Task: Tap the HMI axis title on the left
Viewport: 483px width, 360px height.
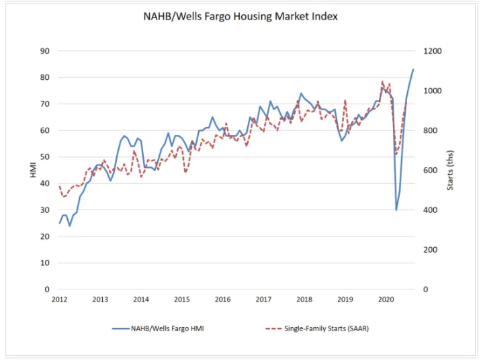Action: coord(33,171)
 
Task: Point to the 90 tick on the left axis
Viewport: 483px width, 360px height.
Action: coord(45,51)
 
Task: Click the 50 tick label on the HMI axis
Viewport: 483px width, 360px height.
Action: coord(45,157)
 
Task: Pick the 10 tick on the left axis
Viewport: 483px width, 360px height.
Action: coord(45,263)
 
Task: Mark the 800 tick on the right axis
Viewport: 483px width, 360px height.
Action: coord(427,130)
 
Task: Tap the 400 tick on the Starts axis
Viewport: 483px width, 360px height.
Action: coord(427,210)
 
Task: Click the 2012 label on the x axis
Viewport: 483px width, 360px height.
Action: coord(59,300)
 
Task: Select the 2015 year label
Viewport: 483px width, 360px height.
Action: coord(182,300)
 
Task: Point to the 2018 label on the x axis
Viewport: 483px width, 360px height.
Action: coord(304,300)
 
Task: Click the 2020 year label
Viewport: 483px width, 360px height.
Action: coord(386,300)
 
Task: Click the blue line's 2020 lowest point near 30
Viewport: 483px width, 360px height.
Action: coord(396,210)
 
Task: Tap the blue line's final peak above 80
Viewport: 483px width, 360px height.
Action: coord(413,70)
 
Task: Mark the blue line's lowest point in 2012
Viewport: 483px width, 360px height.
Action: coord(70,226)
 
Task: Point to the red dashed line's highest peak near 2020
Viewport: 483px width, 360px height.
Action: coord(382,82)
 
